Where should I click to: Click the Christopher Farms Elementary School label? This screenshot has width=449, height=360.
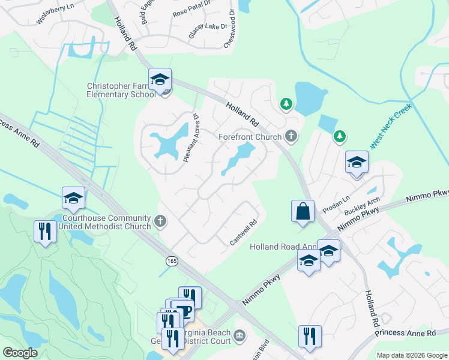coord(120,90)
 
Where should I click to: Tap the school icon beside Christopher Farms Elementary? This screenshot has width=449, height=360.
coord(160,79)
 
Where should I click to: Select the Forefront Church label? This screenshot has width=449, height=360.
coord(250,137)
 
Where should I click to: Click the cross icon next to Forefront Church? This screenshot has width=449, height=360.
coord(291,136)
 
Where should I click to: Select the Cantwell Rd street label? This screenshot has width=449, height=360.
coord(243,232)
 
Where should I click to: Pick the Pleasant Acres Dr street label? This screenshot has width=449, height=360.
coord(191,137)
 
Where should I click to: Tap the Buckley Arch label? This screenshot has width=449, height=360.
coord(362,206)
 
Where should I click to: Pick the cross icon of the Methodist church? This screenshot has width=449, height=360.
coord(160,221)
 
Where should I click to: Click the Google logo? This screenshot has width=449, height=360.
coord(20,353)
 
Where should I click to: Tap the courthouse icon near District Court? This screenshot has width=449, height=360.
coord(240,334)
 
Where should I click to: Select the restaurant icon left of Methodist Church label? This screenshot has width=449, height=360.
coord(44,230)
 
